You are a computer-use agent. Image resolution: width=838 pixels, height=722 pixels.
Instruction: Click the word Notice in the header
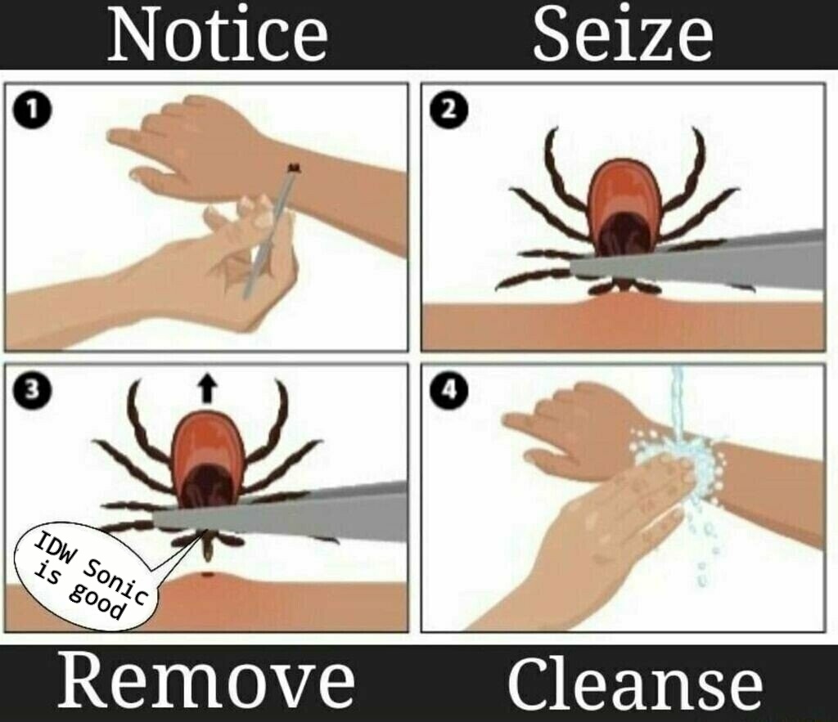click(x=218, y=34)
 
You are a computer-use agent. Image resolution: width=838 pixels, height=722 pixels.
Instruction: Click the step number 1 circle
click(x=32, y=110)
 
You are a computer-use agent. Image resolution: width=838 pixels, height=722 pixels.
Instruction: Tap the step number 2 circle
click(x=449, y=110)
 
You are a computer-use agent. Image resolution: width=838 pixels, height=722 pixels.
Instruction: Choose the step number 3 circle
click(x=32, y=391)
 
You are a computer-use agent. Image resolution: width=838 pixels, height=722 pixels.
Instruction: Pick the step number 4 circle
click(x=449, y=391)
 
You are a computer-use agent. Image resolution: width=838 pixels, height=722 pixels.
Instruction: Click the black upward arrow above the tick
click(x=206, y=388)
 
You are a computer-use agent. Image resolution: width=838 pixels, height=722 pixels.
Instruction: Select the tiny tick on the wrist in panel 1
click(x=294, y=168)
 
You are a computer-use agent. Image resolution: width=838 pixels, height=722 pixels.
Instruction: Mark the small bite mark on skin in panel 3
click(x=207, y=575)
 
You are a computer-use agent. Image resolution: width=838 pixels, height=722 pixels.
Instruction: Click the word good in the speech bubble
click(x=97, y=603)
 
